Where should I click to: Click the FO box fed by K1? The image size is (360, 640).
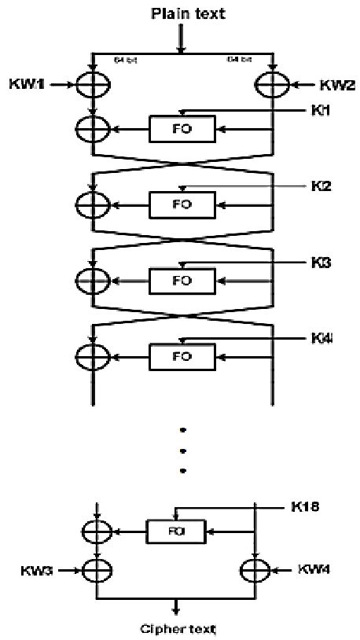(x=182, y=127)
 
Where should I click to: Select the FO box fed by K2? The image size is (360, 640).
(x=182, y=204)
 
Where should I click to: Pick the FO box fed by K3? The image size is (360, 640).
(x=182, y=280)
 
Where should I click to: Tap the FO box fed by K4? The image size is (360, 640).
(x=182, y=356)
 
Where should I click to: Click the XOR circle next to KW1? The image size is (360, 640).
(x=93, y=83)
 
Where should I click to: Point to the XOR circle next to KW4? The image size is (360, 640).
(x=255, y=568)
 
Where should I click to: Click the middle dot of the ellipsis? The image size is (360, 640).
(x=182, y=451)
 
